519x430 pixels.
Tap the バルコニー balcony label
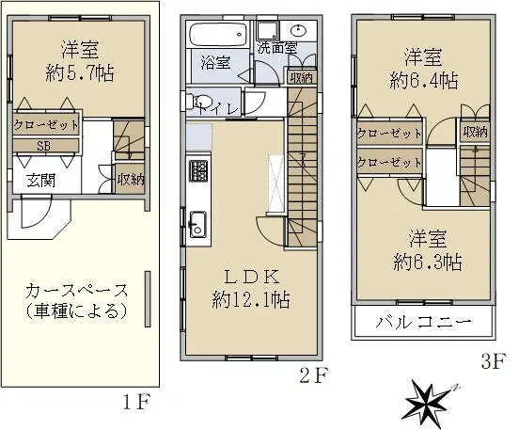pyautogui.click(x=423, y=322)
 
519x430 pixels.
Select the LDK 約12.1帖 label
pyautogui.click(x=251, y=289)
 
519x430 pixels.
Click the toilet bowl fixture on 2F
pyautogui.click(x=201, y=102)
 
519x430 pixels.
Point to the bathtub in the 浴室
pyautogui.click(x=219, y=35)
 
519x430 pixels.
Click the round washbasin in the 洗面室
pyautogui.click(x=300, y=31)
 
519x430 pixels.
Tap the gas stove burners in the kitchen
pyautogui.click(x=198, y=170)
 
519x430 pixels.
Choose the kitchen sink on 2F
pyautogui.click(x=198, y=224)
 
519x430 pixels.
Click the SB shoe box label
pyautogui.click(x=44, y=146)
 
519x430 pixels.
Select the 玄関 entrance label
pyautogui.click(x=41, y=181)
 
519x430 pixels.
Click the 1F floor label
pyautogui.click(x=136, y=402)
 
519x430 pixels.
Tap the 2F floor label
pyautogui.click(x=313, y=374)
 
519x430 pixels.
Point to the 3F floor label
pyautogui.click(x=494, y=361)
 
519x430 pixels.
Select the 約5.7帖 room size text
pyautogui.click(x=80, y=72)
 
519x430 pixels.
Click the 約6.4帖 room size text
pyautogui.click(x=424, y=81)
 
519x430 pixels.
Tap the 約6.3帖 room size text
pyautogui.click(x=428, y=262)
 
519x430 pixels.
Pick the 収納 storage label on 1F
pyautogui.click(x=131, y=180)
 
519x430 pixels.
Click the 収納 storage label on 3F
pyautogui.click(x=476, y=132)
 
